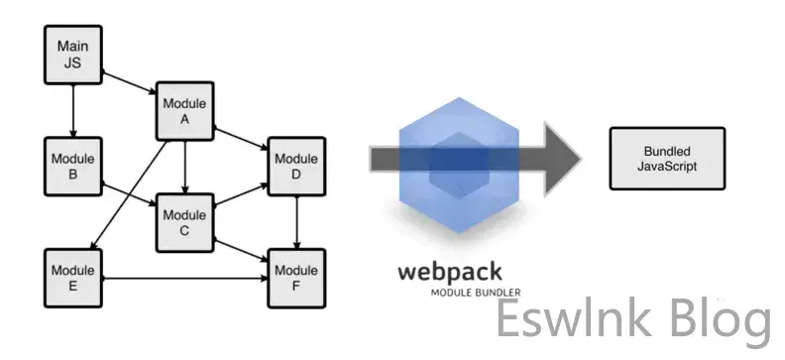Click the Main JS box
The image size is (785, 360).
tap(73, 55)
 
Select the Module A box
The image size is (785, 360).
tap(184, 111)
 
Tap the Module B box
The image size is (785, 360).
tap(73, 167)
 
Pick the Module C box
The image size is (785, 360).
tap(184, 223)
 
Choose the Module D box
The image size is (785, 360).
tap(296, 167)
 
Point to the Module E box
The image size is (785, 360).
tap(73, 279)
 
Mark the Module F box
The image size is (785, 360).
tap(296, 279)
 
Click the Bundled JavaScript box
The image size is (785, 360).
tap(667, 159)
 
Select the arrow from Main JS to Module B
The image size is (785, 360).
tap(73, 111)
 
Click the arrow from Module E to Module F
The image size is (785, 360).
tap(184, 279)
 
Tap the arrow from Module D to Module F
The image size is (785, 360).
tap(296, 222)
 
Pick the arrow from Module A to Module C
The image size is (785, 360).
tap(184, 168)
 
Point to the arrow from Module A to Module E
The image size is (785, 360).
tap(129, 194)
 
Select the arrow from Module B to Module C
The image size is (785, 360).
tap(129, 194)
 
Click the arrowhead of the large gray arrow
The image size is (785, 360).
tap(562, 159)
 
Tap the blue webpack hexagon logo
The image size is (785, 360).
tap(459, 166)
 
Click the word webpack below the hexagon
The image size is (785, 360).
tap(450, 273)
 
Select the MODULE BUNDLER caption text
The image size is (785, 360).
tap(476, 293)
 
